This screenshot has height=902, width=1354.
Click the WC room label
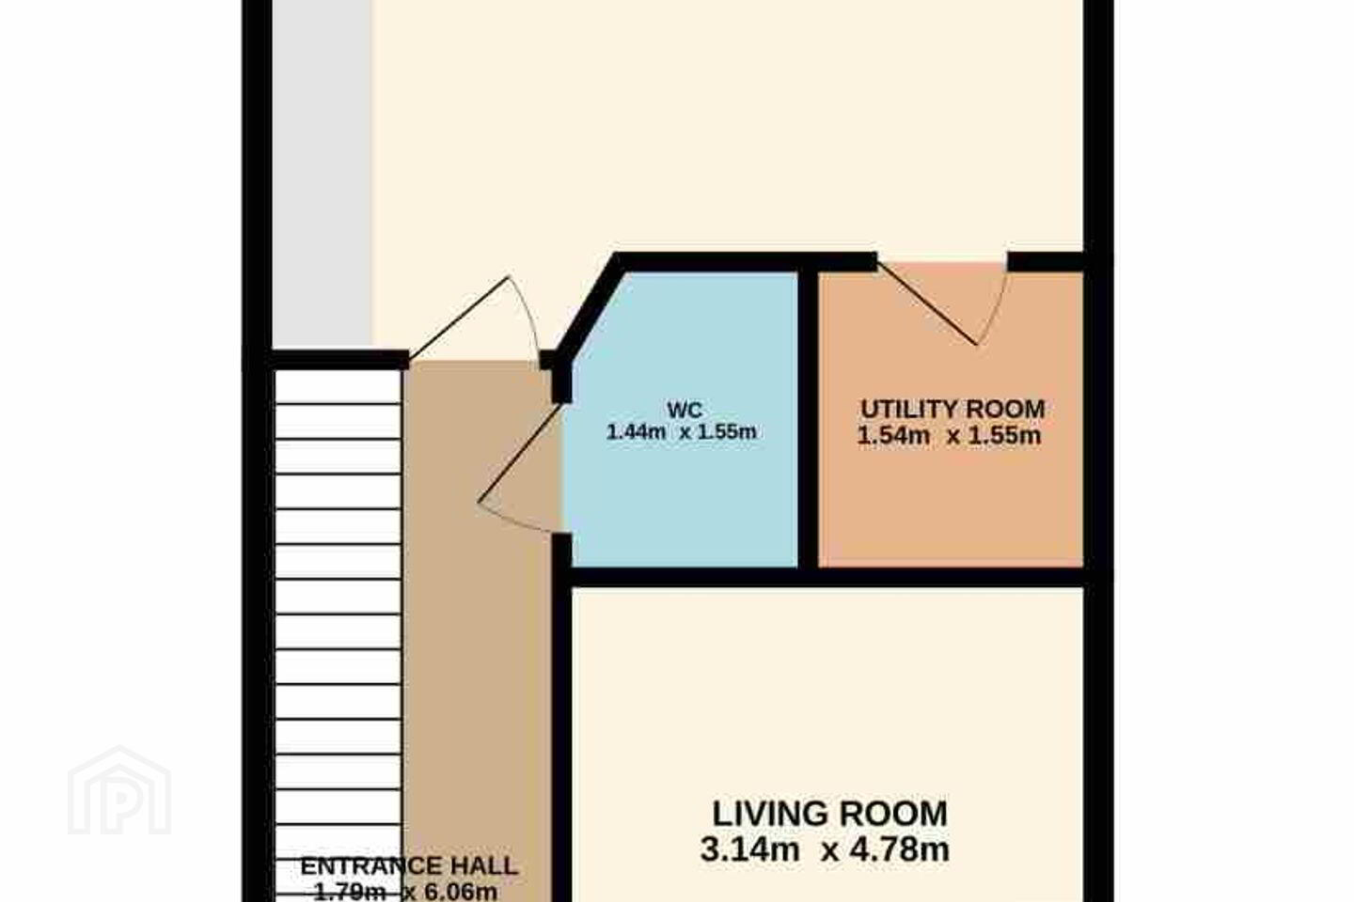click(x=685, y=410)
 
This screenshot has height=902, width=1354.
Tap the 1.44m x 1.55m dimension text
click(x=681, y=432)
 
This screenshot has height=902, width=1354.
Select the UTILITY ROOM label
click(x=953, y=409)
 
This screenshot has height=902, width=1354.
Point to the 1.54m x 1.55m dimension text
click(x=949, y=436)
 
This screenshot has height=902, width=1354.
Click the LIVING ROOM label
click(x=830, y=813)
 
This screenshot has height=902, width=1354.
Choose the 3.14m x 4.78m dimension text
click(x=826, y=849)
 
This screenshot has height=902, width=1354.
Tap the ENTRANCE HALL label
click(x=409, y=866)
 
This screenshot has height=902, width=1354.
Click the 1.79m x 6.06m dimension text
click(x=405, y=891)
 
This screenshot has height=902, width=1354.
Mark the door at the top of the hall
click(x=475, y=320)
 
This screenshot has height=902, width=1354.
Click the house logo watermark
click(x=119, y=791)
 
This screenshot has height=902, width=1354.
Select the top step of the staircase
click(x=338, y=387)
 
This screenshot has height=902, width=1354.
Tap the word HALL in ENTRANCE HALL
click(x=483, y=866)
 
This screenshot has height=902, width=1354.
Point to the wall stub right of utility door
click(x=1046, y=261)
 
